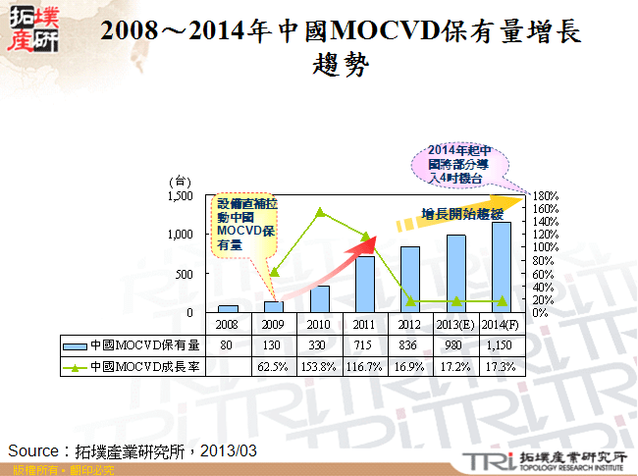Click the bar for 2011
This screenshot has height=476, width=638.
(x=364, y=284)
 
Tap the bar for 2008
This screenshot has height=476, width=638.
(x=228, y=308)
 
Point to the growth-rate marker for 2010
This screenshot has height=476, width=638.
(x=319, y=211)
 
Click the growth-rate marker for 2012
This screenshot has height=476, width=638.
(x=410, y=300)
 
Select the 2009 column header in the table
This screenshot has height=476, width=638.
(x=273, y=323)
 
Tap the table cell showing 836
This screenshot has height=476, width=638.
(x=410, y=344)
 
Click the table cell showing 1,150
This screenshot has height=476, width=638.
(x=501, y=344)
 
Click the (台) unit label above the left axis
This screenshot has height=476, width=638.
(x=179, y=181)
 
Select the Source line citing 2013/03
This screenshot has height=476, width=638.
(x=133, y=450)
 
